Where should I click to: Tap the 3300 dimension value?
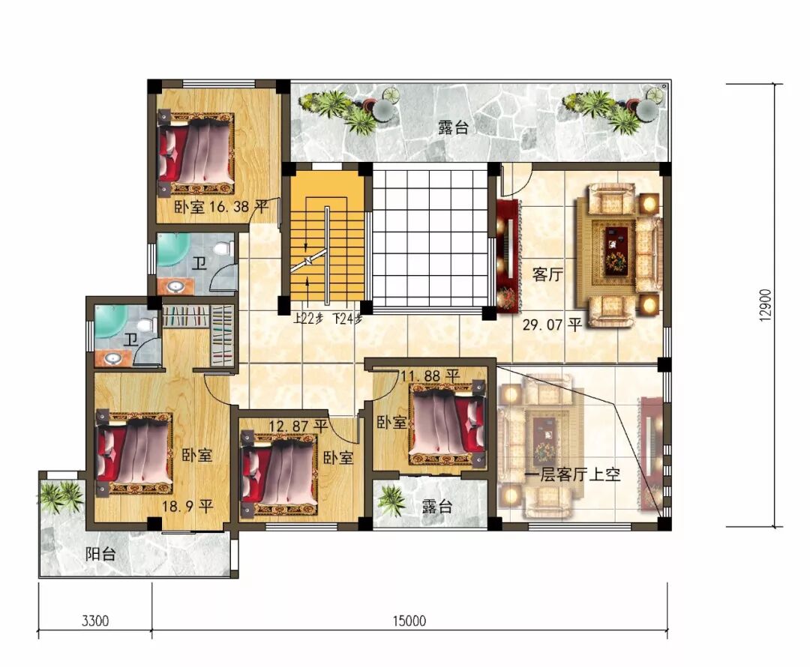coord(95,620)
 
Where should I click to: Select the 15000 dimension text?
coord(409,620)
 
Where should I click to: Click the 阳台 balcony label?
coord(100,555)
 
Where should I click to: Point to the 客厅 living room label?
coord(547,274)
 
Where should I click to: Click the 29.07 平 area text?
coord(552,325)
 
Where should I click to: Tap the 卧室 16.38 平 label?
coord(220,207)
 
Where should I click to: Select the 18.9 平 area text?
coord(187,506)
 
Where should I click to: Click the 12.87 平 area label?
coord(298,426)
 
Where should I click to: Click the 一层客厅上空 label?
coord(572,474)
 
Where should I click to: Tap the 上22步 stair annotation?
coord(308,319)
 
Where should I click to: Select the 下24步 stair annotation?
coord(347,319)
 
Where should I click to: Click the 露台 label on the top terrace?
coord(453,127)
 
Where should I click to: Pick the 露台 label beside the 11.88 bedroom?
coord(436,506)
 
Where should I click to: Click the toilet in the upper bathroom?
coord(223,248)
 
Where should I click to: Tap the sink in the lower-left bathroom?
coord(112,358)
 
